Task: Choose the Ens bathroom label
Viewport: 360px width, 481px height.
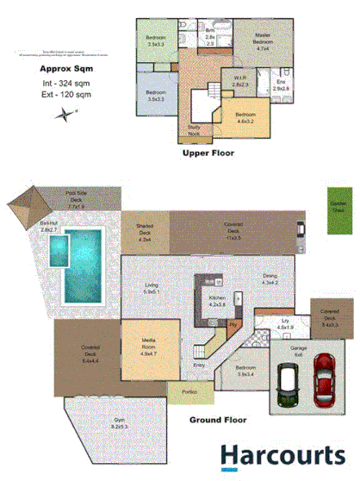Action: click(281, 86)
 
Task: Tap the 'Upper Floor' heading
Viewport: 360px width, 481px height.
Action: click(208, 153)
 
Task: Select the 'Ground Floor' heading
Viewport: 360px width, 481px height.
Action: click(219, 421)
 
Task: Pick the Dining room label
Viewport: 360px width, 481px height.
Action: click(270, 278)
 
